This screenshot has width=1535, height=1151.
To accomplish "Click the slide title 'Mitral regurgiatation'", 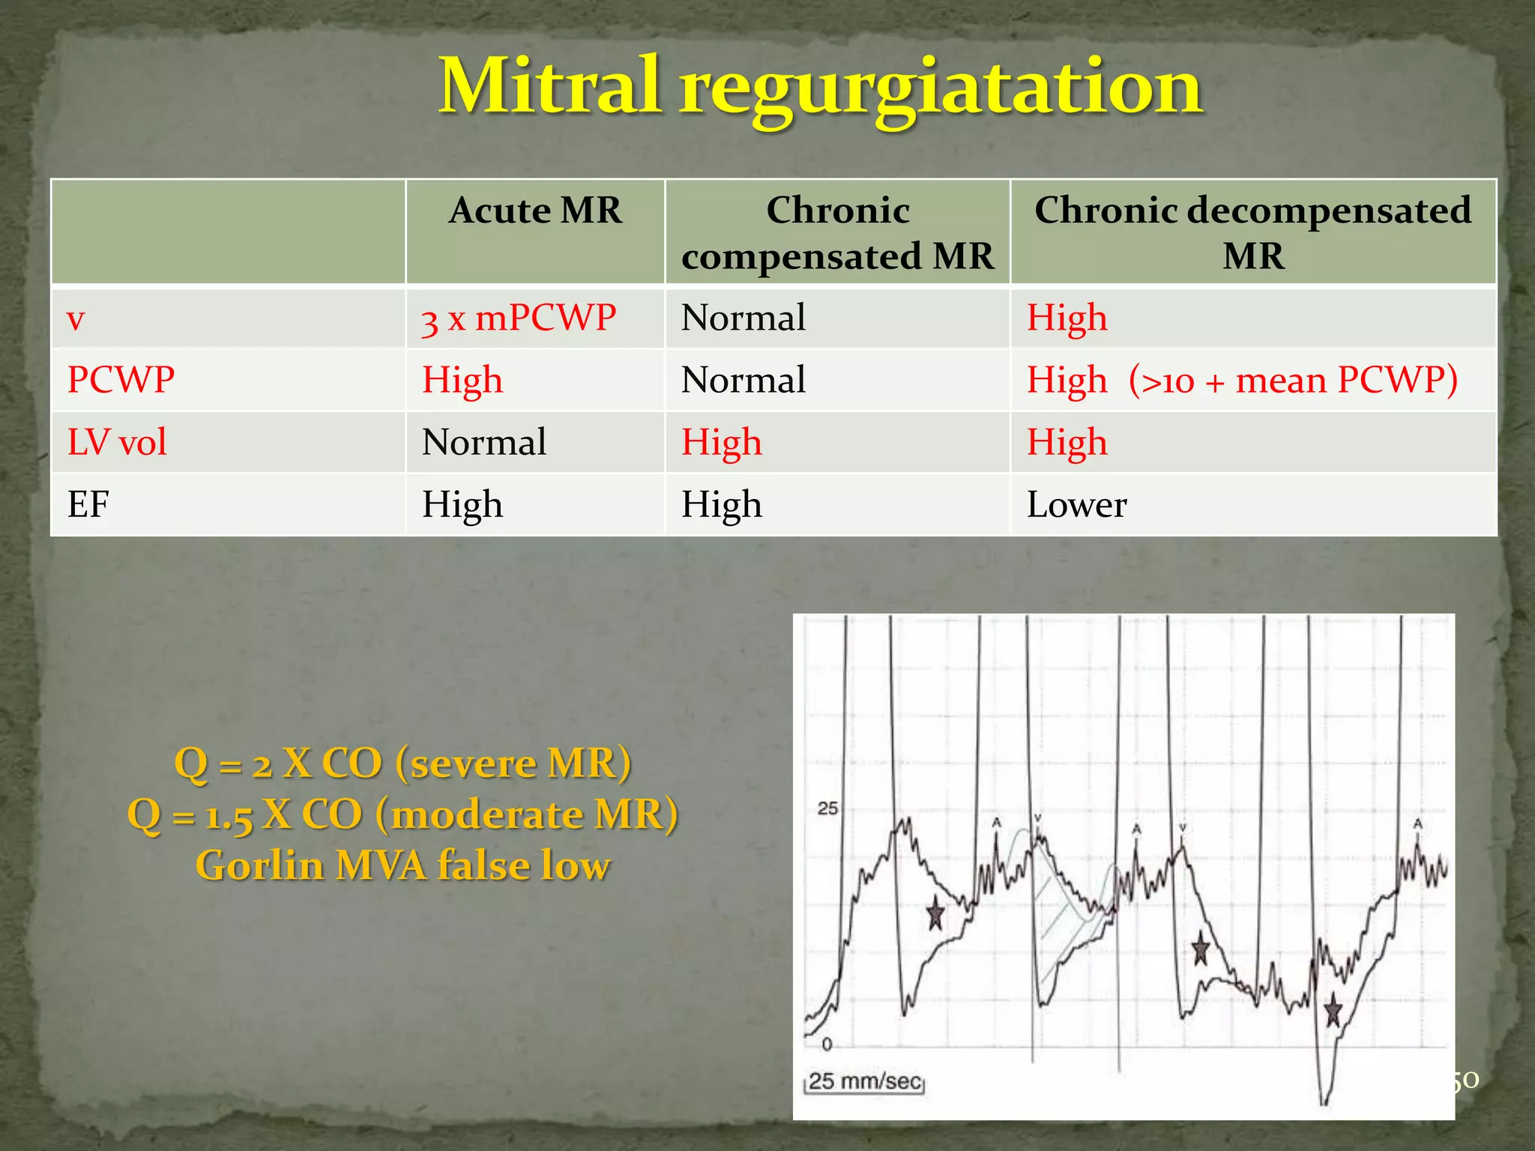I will [821, 88].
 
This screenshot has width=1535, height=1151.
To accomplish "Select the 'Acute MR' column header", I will [535, 211].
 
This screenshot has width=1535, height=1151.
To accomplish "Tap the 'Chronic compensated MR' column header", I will [837, 233].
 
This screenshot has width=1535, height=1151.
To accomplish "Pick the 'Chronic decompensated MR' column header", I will [1252, 233].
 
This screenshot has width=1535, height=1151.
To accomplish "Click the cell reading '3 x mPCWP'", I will [519, 318].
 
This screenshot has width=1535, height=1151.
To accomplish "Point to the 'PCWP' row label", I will [121, 380].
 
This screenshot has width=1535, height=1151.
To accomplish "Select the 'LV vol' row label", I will [117, 442].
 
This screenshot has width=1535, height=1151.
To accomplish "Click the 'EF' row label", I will [88, 504].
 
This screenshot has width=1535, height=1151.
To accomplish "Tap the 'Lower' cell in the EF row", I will [1076, 504].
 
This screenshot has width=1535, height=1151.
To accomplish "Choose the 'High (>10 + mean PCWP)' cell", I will [1242, 380].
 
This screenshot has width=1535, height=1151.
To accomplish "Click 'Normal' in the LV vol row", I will [484, 442].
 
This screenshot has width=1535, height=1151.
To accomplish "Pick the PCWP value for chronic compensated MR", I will [743, 380].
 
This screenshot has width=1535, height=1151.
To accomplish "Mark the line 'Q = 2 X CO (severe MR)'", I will [403, 764].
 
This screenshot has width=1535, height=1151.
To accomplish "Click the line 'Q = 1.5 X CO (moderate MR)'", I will [403, 815].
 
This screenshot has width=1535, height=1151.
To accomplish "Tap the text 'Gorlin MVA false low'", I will [403, 865].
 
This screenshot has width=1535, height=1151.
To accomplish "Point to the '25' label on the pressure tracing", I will [827, 809].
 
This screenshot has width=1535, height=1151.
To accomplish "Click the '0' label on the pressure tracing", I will [827, 1044].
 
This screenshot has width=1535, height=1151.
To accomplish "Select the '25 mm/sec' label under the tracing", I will [864, 1081].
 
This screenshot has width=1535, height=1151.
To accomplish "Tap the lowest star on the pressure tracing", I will [1333, 1011].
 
